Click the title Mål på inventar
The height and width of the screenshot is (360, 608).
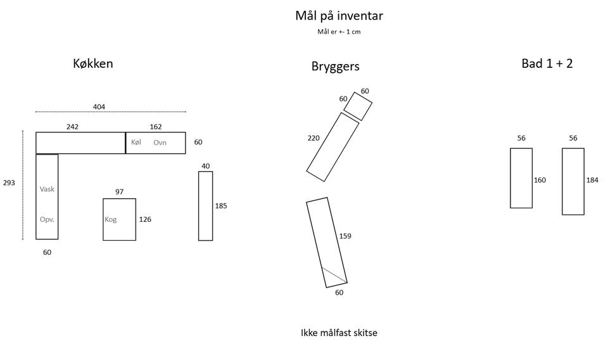(x=339, y=15)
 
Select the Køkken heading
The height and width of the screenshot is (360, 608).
(x=92, y=63)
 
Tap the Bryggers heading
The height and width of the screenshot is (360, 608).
(x=335, y=66)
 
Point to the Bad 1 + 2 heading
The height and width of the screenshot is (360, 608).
(x=547, y=63)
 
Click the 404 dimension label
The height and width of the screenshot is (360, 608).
(x=99, y=106)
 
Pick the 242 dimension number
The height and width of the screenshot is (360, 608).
(x=72, y=127)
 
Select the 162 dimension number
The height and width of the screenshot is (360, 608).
(x=156, y=127)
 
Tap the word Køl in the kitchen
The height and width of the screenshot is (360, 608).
(x=136, y=143)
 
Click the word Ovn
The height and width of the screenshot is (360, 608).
(x=160, y=143)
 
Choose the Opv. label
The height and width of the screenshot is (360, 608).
(x=47, y=219)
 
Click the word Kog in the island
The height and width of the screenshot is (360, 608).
(x=110, y=219)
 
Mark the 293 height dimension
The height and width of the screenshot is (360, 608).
(x=9, y=183)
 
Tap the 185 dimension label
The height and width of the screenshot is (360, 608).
(x=221, y=205)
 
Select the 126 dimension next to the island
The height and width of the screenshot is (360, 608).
(x=145, y=219)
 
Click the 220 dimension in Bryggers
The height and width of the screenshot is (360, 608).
(x=313, y=138)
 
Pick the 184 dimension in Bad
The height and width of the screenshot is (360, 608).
(x=592, y=180)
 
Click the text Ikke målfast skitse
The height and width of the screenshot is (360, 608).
(x=339, y=332)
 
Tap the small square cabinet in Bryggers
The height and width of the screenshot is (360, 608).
(x=358, y=106)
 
